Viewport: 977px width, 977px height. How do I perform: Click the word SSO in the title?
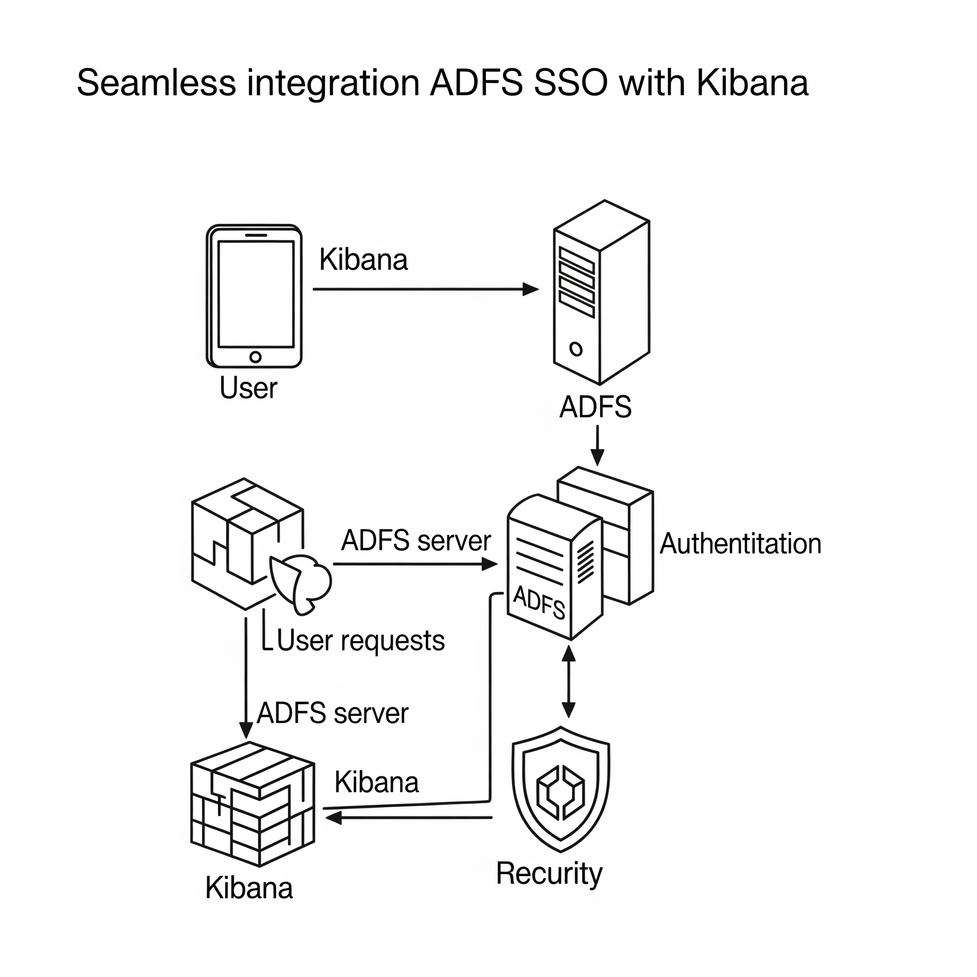pos(571,83)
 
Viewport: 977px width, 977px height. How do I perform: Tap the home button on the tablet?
pos(255,357)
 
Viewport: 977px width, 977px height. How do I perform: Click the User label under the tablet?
pos(248,388)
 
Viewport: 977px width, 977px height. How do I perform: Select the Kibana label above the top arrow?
pos(363,260)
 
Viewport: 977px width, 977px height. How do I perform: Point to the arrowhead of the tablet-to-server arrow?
pos(530,289)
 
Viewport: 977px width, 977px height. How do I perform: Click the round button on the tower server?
pos(575,348)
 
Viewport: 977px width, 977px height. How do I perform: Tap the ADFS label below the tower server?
pos(595,406)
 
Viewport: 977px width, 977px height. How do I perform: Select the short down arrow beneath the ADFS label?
pos(597,445)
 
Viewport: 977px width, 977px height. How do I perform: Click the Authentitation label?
pos(740,544)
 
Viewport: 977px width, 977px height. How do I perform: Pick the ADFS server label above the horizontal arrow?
pos(416,540)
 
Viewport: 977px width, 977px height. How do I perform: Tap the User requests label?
pos(361,641)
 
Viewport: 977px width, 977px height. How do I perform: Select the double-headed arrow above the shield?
pos(569,682)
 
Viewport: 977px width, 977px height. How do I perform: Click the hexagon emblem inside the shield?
pos(561,792)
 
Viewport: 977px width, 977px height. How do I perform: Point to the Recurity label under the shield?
pos(549,873)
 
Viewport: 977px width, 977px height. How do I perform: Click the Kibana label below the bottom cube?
pos(249,888)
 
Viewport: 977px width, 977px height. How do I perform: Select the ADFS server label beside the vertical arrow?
pos(332,714)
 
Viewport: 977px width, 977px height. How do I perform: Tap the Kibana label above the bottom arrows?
pos(377,782)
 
